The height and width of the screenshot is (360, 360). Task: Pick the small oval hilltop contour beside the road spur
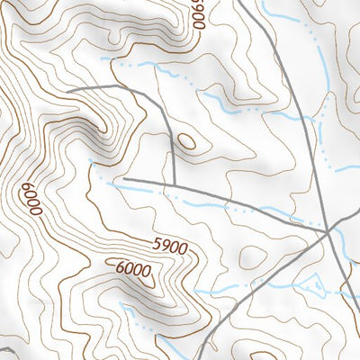pos(187,141)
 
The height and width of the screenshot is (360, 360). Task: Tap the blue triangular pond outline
pos(314,287)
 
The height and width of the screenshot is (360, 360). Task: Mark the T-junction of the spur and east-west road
pos(174,183)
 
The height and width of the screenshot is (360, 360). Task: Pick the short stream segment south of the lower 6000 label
pos(135,310)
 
